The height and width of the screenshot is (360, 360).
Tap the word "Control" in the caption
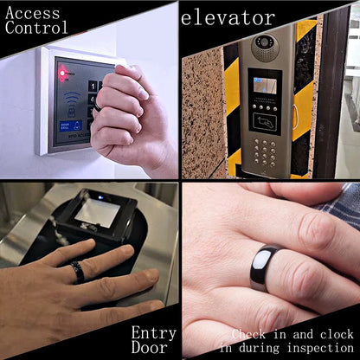(37, 27)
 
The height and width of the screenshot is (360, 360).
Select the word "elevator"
(228, 17)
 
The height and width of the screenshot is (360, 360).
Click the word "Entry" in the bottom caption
(154, 333)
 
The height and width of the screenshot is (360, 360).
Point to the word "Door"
(149, 348)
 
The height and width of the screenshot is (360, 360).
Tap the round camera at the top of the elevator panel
(264, 44)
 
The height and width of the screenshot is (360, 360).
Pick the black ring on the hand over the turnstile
(77, 272)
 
